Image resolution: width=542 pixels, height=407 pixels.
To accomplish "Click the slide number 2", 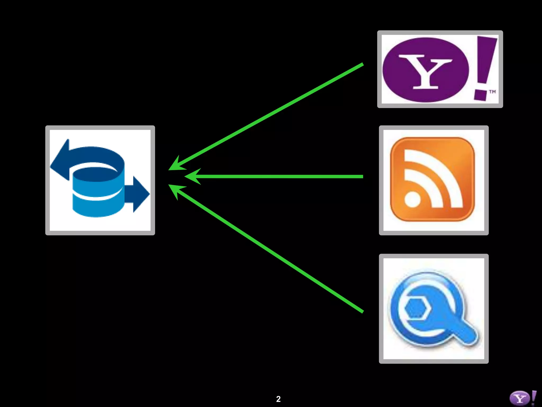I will (278, 399).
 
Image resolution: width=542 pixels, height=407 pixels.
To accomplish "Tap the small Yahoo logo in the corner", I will (523, 398).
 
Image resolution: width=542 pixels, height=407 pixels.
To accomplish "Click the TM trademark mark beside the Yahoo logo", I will (492, 92).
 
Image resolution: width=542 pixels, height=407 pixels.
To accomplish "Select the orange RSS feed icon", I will (433, 179).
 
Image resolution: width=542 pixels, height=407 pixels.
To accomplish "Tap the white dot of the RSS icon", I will (412, 199).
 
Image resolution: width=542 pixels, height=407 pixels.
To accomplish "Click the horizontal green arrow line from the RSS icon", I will (281, 176).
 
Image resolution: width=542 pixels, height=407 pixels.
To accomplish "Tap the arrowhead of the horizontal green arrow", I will (192, 176).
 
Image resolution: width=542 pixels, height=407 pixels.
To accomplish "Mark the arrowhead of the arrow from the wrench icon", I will (176, 189).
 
